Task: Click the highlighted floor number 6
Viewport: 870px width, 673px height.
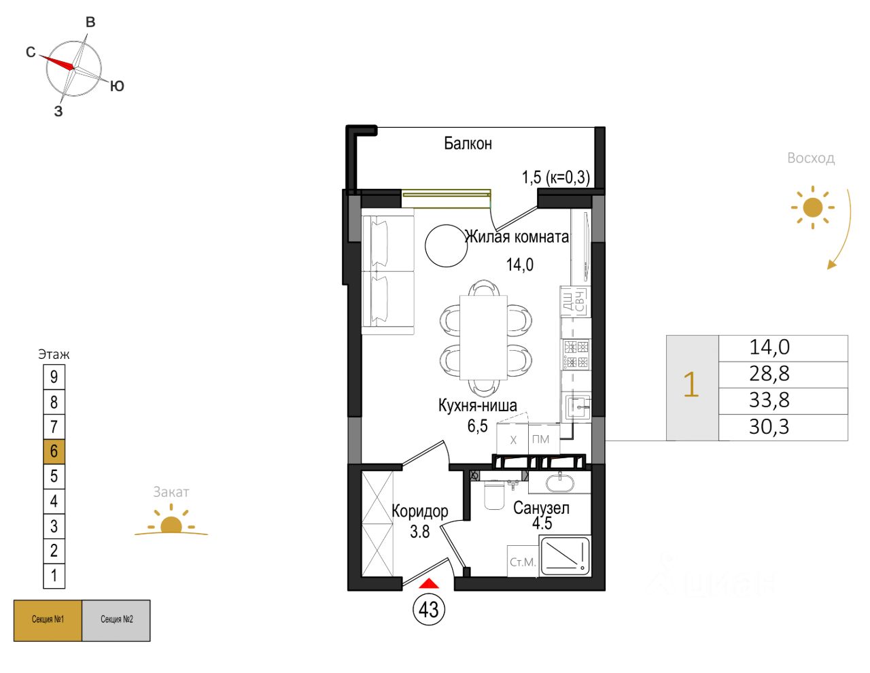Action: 54,451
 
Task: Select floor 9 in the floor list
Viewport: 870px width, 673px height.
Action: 54,377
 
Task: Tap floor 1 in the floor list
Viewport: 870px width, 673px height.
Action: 54,576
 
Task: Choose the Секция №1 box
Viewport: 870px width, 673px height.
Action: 48,620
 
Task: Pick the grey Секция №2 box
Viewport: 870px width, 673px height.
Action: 116,620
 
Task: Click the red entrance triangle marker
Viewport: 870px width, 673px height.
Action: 428,583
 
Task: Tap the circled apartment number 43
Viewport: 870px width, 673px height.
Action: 428,609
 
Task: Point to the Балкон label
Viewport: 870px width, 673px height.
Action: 468,143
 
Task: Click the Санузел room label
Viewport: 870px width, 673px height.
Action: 541,508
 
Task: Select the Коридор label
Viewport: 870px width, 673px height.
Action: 420,511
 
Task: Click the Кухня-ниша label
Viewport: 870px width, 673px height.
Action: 477,405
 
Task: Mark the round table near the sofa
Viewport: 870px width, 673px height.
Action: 447,245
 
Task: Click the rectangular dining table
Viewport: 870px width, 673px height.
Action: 483,337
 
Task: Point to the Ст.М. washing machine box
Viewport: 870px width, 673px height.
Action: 523,562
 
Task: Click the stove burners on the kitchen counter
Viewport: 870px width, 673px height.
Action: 576,353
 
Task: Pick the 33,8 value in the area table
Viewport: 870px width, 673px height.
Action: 769,400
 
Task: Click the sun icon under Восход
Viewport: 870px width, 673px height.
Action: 812,207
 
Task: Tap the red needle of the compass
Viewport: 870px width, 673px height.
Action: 58,62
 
